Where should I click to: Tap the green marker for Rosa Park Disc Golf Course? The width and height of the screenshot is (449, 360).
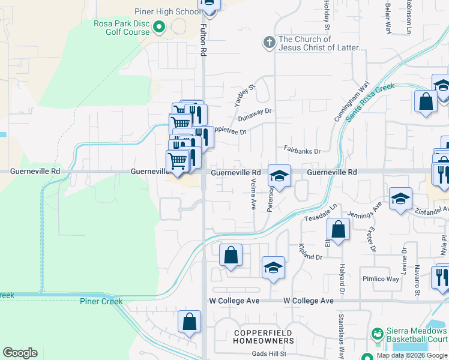coord(159,26)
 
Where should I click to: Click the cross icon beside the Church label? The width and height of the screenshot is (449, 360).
coord(269,43)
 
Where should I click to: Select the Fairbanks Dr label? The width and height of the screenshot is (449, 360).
coord(303,151)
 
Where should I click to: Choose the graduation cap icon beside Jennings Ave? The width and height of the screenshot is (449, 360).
coord(400,199)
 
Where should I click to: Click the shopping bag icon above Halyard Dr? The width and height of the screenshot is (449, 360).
coord(339,230)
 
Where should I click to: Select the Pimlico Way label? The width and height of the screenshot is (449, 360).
coord(381,279)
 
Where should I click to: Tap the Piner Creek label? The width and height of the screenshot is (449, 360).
coord(101,301)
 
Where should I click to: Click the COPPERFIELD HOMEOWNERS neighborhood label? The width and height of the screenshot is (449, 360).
coord(264,337)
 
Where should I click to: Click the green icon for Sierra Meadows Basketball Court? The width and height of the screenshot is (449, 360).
coord(378,333)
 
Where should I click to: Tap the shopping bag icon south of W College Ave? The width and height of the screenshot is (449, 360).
coord(189,322)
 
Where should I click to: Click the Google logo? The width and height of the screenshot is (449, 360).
coord(20,353)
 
